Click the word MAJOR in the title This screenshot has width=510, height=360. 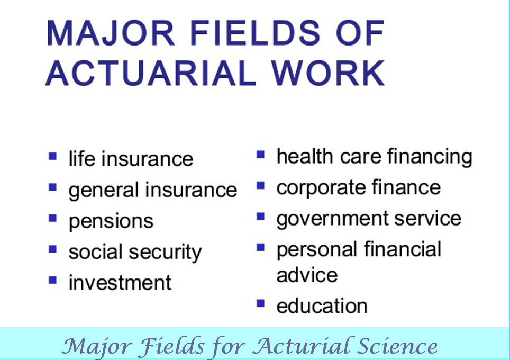pyautogui.click(x=111, y=33)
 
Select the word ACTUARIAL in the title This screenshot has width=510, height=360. pyautogui.click(x=150, y=73)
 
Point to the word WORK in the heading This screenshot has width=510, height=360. pyautogui.click(x=328, y=73)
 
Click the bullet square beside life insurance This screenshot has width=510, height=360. pyautogui.click(x=53, y=157)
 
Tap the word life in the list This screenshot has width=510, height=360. pyautogui.click(x=82, y=158)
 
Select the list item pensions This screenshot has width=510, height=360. pyautogui.click(x=111, y=222)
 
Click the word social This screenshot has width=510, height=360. pyautogui.click(x=96, y=251)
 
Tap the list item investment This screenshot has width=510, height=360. pyautogui.click(x=120, y=283)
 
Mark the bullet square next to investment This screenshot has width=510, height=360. pyautogui.click(x=53, y=280)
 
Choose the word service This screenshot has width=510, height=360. pyautogui.click(x=427, y=218)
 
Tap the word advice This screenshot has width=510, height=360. pyautogui.click(x=307, y=275)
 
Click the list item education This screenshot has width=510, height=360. pyautogui.click(x=322, y=305)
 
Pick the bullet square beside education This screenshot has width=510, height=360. pyautogui.click(x=260, y=303)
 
